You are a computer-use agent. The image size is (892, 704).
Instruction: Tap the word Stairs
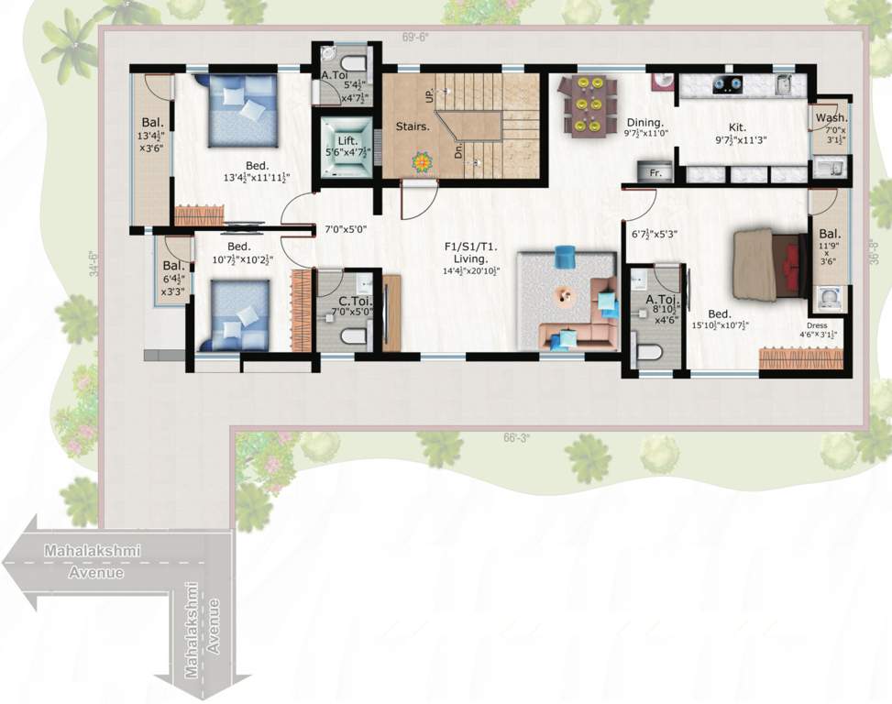[x=413, y=126]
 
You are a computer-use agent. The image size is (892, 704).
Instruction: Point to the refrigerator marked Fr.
[x=655, y=172]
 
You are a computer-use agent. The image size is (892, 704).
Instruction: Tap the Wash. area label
[x=831, y=118]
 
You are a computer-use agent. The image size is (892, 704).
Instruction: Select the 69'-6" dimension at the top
[x=415, y=38]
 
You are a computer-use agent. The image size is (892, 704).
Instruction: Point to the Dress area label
[x=821, y=325]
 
